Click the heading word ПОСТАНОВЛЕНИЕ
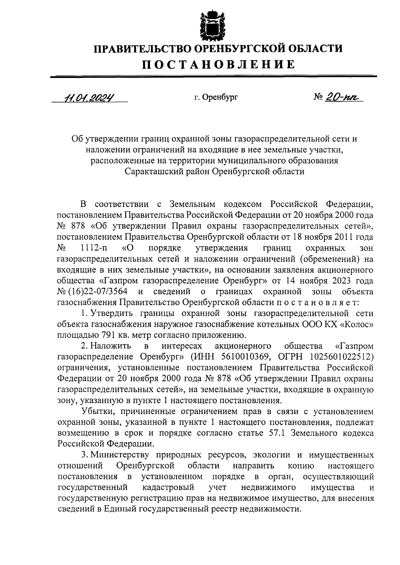(x=218, y=64)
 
